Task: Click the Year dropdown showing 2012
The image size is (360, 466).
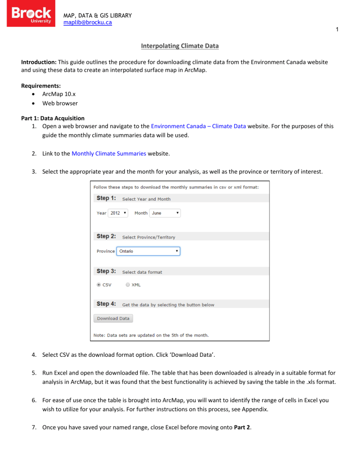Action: point(118,213)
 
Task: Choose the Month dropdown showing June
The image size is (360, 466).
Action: point(165,213)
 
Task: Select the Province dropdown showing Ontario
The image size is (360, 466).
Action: point(148,251)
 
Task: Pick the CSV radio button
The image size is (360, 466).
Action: point(99,285)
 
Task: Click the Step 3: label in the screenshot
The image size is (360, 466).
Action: point(106,271)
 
